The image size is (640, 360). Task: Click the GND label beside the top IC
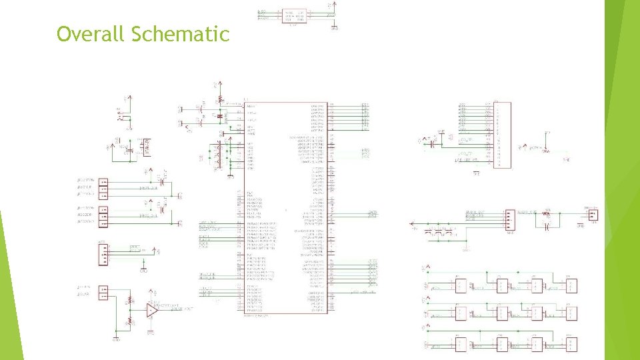coord(335,29)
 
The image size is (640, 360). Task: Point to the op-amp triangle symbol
coord(153,310)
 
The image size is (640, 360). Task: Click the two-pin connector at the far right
coord(593,214)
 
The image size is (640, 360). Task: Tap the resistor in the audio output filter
coord(547,214)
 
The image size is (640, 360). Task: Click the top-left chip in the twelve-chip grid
coord(460,286)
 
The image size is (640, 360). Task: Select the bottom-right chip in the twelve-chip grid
coord(571,344)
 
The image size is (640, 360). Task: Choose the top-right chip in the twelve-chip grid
coord(571,286)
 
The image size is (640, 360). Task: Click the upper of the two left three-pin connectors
coord(103,189)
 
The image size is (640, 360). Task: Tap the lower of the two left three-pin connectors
coord(103,216)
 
